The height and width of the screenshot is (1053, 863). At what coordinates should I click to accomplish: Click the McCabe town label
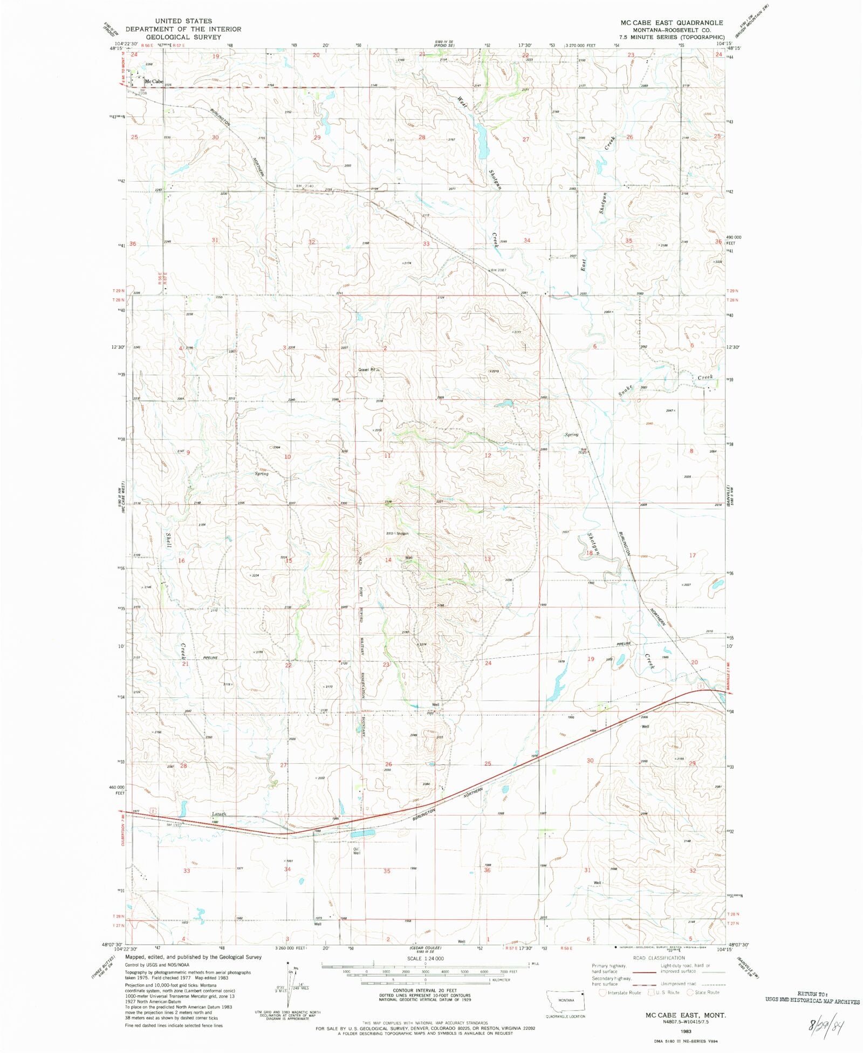pos(154,81)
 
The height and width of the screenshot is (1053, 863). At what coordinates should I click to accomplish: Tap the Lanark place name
pos(218,814)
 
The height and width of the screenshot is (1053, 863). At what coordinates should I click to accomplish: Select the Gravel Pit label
pos(368,370)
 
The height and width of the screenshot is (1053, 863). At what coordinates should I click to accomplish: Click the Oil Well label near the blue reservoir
pos(356,851)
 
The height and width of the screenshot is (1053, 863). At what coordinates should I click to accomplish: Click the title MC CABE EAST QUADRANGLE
pos(671,23)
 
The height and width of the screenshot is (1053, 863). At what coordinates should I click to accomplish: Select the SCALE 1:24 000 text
pos(426,958)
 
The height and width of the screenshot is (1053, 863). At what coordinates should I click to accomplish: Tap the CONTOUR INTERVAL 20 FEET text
pos(425,990)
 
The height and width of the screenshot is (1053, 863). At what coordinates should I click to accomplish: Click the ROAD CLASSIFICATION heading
pos(659,958)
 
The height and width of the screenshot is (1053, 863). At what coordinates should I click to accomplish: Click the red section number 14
pos(388,560)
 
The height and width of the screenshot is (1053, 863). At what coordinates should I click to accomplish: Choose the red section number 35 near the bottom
pos(387,871)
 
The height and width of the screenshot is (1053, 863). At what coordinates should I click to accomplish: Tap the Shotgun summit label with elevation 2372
pos(398,534)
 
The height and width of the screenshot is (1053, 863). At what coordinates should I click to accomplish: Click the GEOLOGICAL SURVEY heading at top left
pos(183,37)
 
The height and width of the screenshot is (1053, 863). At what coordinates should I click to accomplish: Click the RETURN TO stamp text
pos(812,993)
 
